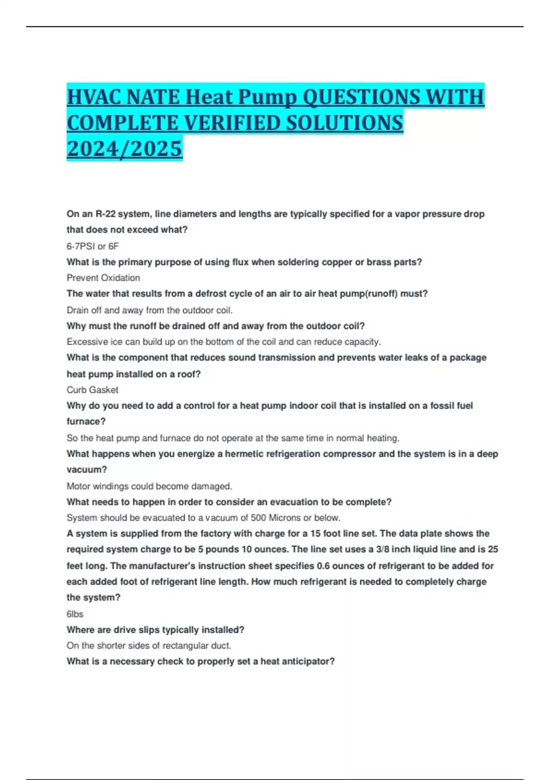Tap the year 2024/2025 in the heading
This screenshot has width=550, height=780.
coord(124,149)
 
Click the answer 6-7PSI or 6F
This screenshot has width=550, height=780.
coord(93,246)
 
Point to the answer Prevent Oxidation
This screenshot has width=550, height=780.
coord(103,278)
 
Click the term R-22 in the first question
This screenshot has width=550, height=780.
coord(105,214)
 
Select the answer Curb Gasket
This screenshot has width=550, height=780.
coord(92,390)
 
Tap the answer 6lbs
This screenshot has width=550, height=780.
coord(75,614)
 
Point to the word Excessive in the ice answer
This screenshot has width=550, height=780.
coord(85,342)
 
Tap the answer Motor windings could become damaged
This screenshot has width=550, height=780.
coord(149,486)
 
